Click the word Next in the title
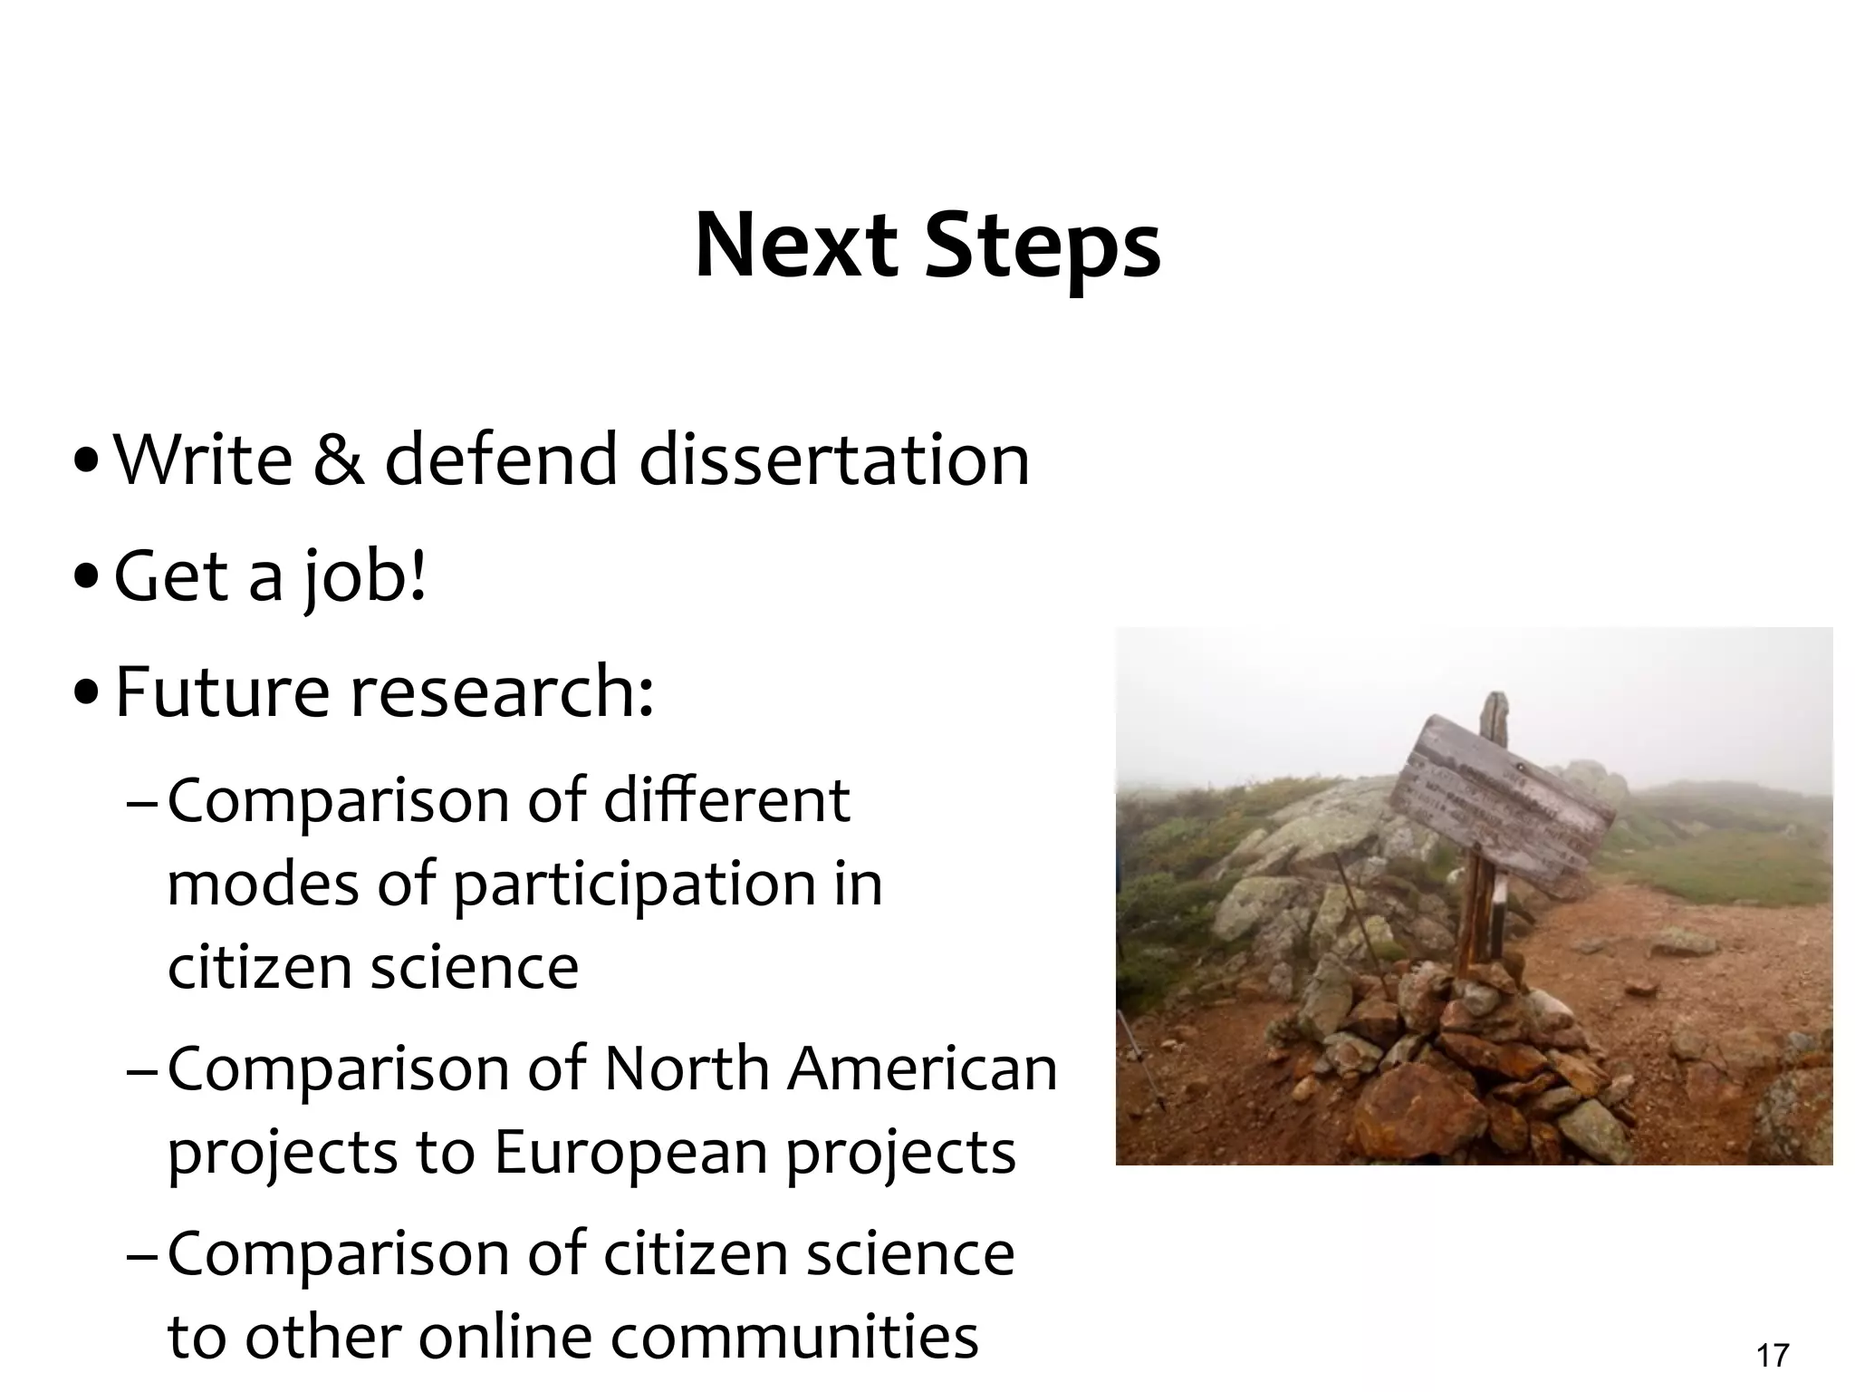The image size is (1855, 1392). tap(795, 246)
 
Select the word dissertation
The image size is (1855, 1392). tap(834, 459)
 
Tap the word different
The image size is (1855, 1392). tap(726, 800)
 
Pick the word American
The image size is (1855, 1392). tap(922, 1069)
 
